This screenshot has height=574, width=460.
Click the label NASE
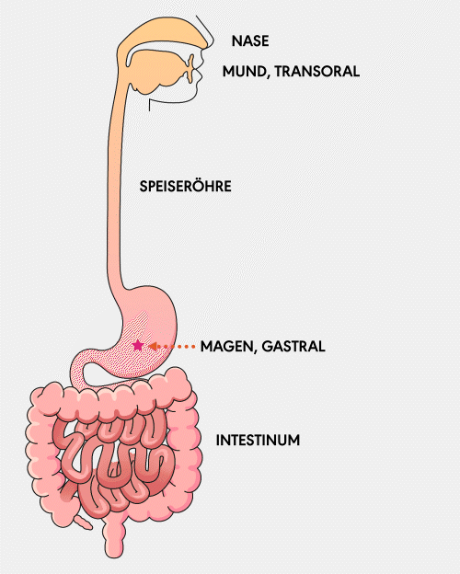point(250,41)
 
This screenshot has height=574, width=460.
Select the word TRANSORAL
point(317,71)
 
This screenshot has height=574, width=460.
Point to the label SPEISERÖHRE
point(185,186)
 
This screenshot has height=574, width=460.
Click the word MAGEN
point(225,346)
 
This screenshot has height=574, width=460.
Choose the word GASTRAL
point(293,346)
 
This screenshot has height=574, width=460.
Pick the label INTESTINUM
point(258,440)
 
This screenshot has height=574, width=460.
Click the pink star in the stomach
point(138,345)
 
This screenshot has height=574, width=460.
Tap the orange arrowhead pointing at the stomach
point(153,346)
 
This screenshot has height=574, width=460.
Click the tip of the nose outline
point(210,46)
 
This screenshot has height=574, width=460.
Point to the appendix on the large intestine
point(83,522)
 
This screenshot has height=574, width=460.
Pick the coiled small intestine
point(114,465)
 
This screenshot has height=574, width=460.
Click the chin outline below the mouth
point(172,100)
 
